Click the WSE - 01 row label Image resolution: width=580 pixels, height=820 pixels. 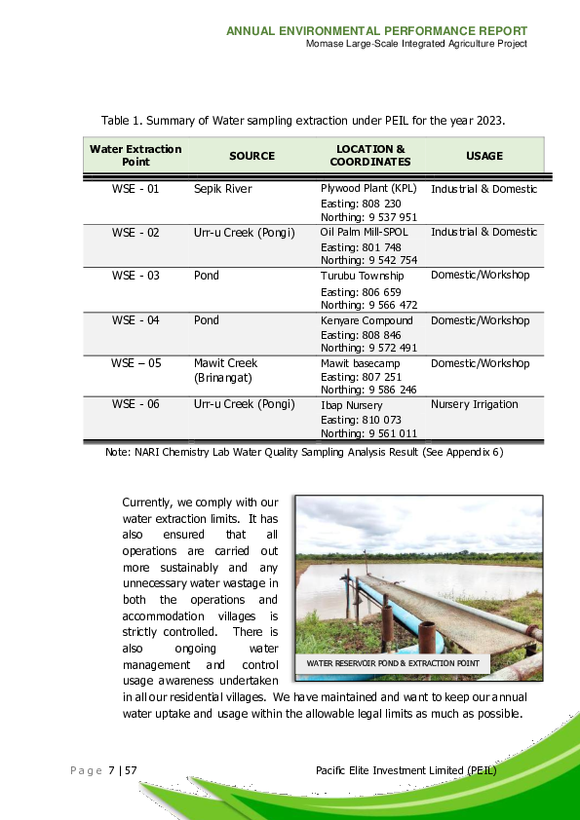[135, 189]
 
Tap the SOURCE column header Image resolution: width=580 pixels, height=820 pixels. [251, 156]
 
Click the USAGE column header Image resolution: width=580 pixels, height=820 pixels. [484, 156]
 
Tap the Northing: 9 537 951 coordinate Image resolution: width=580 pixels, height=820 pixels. [368, 217]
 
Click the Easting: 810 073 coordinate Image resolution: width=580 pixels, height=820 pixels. [361, 420]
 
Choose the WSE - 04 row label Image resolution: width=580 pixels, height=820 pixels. [135, 320]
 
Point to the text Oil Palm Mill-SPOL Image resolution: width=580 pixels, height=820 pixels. [365, 233]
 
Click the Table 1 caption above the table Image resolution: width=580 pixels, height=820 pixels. [303, 120]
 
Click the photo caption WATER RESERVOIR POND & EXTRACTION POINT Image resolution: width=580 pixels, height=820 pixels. [393, 663]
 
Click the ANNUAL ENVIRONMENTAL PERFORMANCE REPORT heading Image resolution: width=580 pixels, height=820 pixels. [376, 31]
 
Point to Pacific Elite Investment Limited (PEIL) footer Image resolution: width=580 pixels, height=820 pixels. [406, 770]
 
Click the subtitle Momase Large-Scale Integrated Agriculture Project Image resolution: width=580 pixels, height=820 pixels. [416, 44]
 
